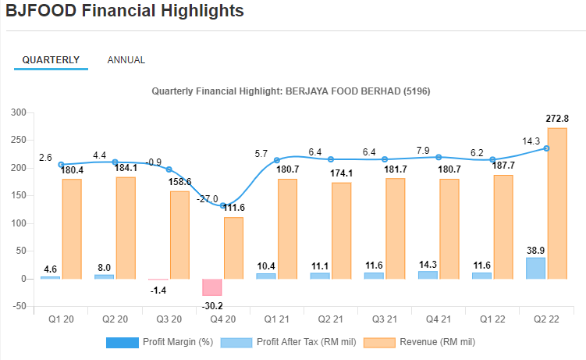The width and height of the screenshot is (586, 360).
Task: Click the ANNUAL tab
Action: pos(126,60)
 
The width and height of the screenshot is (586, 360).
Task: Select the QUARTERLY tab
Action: pos(51,60)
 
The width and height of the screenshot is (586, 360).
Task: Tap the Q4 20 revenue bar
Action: pos(233,248)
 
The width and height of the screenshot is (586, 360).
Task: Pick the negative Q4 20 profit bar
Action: pos(212,287)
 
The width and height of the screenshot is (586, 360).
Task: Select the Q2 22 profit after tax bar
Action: pos(535,268)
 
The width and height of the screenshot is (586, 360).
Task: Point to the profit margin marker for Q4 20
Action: pos(223,206)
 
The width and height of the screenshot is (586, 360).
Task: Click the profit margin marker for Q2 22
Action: pos(546,148)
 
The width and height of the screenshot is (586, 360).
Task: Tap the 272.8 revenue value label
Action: pos(557,119)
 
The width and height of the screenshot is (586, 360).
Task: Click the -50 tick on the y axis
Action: pos(19,306)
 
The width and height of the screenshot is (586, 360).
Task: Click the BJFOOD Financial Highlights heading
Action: pos(125,11)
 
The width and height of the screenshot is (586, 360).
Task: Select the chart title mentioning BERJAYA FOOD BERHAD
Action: pos(290,91)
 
